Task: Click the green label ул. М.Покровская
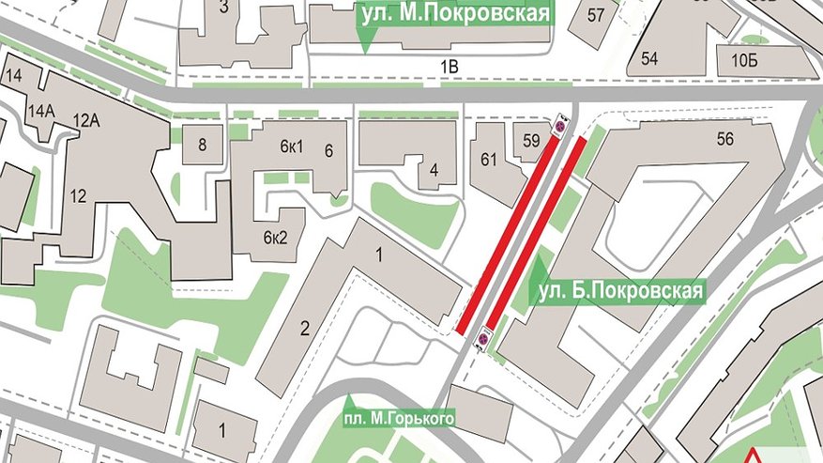click(x=452, y=13)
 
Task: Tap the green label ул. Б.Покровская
click(x=620, y=292)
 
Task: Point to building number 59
click(x=531, y=142)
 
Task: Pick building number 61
click(x=489, y=160)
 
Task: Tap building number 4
click(x=434, y=170)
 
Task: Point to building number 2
click(x=304, y=328)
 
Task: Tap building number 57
click(x=596, y=15)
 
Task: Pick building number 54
click(x=649, y=58)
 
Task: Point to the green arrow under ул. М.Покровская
click(x=363, y=38)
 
